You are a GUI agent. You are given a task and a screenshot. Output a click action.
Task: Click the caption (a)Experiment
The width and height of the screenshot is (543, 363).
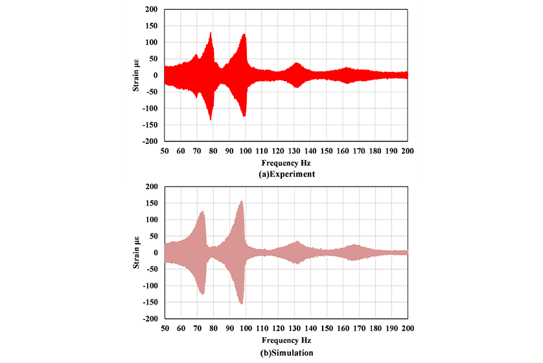point(286,175)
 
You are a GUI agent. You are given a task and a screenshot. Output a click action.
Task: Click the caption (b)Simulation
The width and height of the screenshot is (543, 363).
point(286,353)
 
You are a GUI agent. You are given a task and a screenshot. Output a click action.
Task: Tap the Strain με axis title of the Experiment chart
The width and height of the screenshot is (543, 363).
point(137,75)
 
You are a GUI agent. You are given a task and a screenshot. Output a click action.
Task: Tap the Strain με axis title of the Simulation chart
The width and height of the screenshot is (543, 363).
point(137,253)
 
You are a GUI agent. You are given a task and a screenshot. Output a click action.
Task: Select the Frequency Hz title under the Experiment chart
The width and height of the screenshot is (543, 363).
point(286,163)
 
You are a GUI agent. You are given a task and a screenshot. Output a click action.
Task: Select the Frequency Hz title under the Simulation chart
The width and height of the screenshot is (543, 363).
point(286,340)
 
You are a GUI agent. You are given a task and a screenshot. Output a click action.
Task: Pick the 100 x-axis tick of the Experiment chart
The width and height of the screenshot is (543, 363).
point(245,150)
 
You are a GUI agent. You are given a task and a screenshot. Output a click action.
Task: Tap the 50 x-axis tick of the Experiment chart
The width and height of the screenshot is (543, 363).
point(165,150)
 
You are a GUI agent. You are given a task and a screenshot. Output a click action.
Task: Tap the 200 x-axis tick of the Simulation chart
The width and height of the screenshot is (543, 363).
point(408,328)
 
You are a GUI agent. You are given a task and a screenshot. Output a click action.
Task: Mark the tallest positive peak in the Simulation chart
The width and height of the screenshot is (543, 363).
point(242,202)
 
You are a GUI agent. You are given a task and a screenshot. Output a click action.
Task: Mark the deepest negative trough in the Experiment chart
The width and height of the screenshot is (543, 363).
point(211,119)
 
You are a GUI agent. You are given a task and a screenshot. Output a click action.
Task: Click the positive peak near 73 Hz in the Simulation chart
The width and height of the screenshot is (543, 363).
point(203,211)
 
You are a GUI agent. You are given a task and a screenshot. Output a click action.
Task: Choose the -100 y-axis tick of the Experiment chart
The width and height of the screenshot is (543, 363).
point(151,108)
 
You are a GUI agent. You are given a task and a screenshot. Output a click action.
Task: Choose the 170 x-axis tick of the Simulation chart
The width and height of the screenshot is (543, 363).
point(359,328)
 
